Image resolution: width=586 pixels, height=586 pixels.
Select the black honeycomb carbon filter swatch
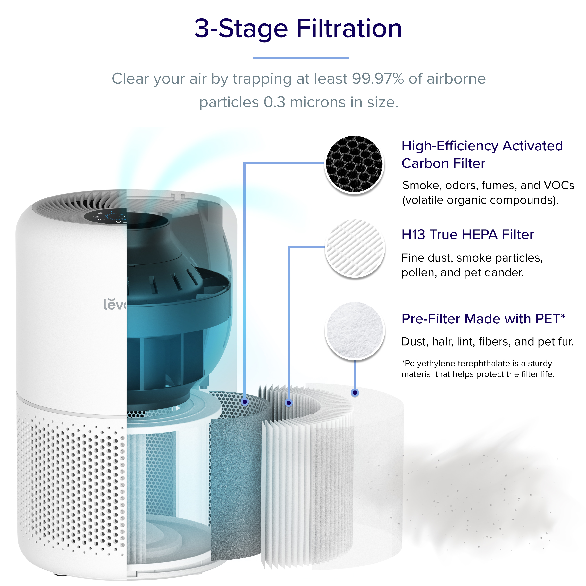354,164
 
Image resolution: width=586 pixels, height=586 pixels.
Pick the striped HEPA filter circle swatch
355,248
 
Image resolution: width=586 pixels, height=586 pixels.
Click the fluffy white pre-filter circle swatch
355,330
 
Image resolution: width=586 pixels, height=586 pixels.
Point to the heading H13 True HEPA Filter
467,234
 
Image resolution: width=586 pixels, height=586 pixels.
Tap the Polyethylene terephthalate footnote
478,369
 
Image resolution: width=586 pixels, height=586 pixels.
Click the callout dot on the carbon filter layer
245,402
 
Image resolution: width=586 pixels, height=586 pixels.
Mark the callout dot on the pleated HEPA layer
289,403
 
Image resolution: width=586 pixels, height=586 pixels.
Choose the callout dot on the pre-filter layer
355,393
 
